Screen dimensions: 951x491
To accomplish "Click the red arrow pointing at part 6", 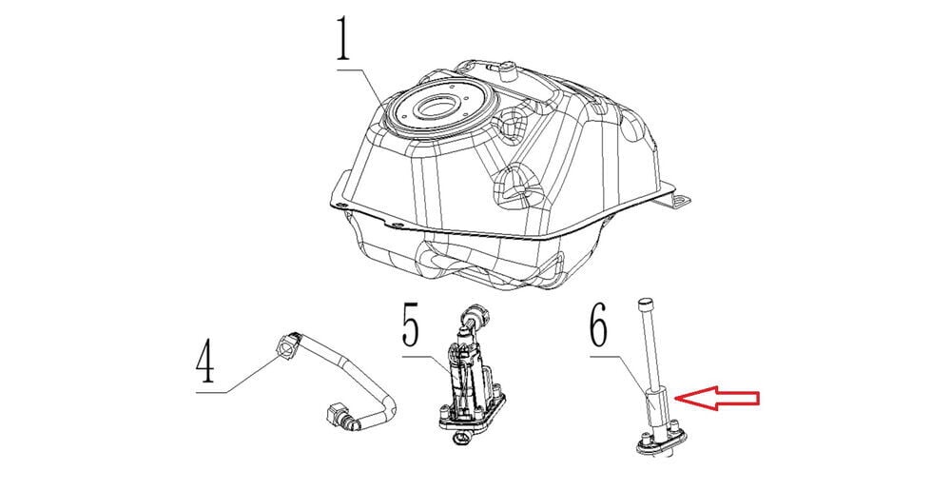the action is tap(717, 398).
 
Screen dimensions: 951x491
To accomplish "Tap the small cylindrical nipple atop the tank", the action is tap(507, 71).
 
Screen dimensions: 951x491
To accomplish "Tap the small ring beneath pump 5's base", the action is tap(459, 437).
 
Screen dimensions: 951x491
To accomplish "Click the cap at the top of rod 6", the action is tap(645, 301).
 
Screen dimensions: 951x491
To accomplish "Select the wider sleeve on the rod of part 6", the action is tap(656, 409).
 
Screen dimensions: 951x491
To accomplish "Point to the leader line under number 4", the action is tap(243, 375).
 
